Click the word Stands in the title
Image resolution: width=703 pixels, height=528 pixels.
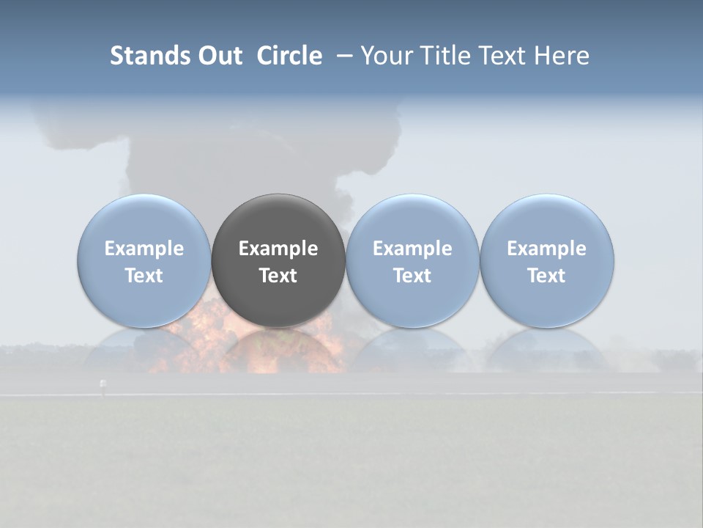(x=149, y=56)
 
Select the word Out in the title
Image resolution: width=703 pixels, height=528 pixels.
(x=219, y=56)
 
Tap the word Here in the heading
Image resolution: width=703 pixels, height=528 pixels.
(x=562, y=56)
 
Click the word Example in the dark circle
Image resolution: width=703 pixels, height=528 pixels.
(x=278, y=249)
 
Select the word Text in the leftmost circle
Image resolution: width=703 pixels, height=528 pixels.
(x=144, y=276)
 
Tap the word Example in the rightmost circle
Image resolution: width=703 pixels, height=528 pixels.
(x=546, y=249)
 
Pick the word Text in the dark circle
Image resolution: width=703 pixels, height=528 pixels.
(x=278, y=276)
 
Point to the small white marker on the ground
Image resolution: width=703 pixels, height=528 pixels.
(x=102, y=384)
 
